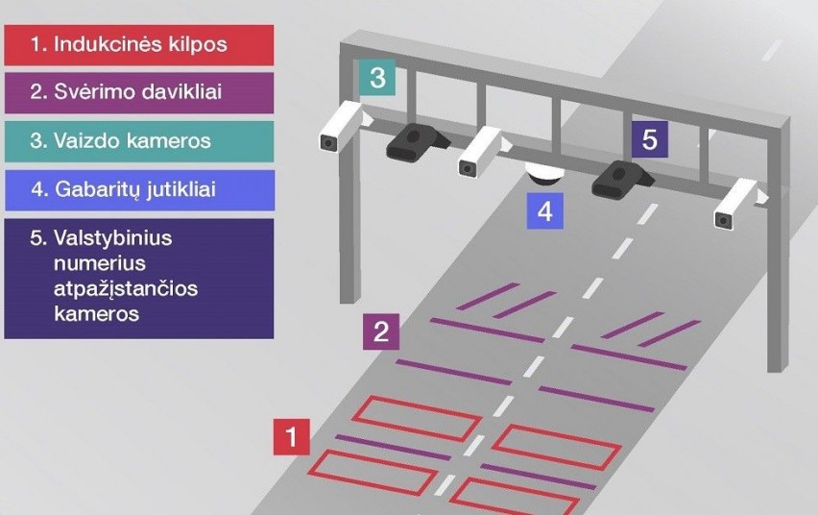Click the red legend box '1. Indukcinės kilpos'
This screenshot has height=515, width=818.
pos(139,44)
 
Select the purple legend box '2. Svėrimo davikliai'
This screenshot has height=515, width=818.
pos(139,92)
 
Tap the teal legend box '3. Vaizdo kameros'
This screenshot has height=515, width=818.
pos(139,140)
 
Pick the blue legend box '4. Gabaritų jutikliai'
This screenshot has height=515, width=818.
pos(139,189)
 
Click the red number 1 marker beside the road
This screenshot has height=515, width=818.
pos(291,435)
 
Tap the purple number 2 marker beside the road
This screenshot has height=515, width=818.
pos(381,331)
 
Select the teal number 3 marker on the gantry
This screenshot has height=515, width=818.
pos(377,78)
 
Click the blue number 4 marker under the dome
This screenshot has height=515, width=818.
pos(544,210)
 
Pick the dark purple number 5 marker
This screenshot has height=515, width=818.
pos(649,139)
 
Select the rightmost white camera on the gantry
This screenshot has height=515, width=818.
pos(736,204)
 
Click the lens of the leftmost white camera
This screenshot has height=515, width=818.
pos(328,142)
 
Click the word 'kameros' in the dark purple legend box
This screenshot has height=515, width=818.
pos(98,313)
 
